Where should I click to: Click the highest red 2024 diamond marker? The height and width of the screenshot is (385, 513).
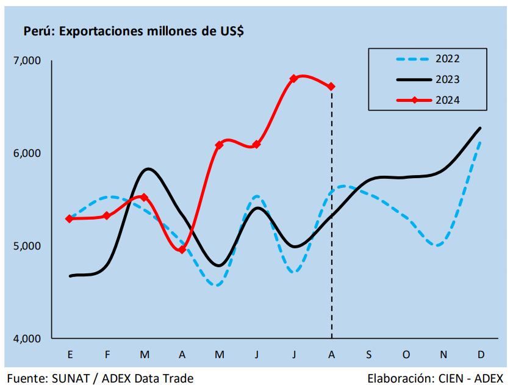coord(293,79)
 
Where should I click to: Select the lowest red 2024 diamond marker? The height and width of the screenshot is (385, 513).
coord(182,250)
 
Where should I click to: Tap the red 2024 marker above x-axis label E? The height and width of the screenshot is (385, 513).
coord(70,218)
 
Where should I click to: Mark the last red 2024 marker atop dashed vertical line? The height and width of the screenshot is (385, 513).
coord(331,87)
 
